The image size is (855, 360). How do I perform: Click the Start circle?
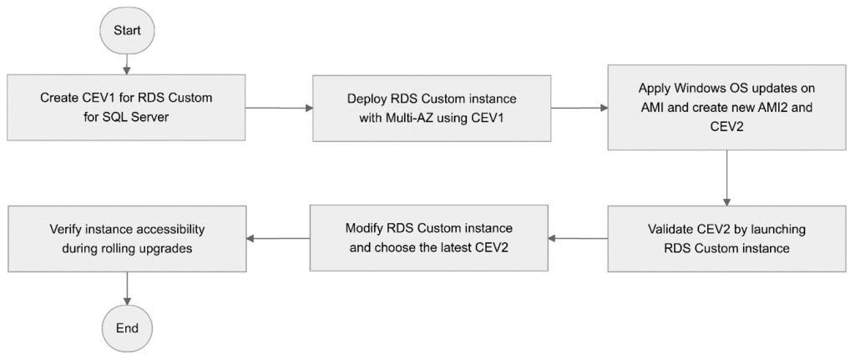click(x=127, y=31)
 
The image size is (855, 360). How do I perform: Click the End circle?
click(x=127, y=327)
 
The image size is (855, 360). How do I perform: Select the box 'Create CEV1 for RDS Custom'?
click(x=127, y=108)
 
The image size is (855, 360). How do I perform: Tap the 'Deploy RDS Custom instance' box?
click(x=432, y=108)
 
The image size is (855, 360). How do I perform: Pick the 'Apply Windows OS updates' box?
click(x=727, y=108)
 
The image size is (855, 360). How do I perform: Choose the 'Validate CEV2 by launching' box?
click(x=727, y=238)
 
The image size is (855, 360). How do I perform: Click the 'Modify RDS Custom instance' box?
click(x=429, y=238)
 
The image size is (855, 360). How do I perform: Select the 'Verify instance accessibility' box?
click(x=127, y=238)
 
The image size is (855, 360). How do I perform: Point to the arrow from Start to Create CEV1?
click(x=127, y=65)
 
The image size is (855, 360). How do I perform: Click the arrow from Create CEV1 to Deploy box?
click(x=279, y=108)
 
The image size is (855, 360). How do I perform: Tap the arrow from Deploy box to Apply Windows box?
click(x=579, y=108)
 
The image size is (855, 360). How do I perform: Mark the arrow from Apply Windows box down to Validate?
click(x=727, y=178)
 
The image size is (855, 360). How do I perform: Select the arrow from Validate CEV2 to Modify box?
click(x=578, y=238)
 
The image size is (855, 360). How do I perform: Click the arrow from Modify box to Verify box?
click(x=278, y=238)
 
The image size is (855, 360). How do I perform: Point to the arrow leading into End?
click(x=127, y=287)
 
